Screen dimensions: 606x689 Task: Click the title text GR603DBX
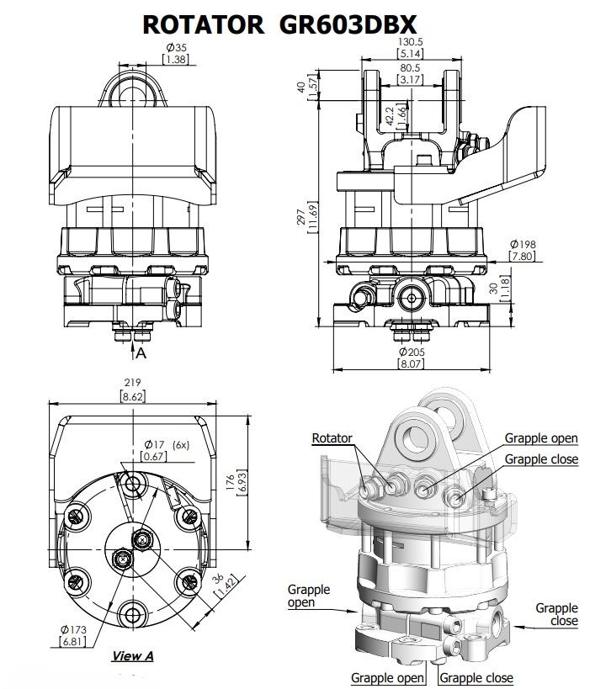pyautogui.click(x=348, y=24)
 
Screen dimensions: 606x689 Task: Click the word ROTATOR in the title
pyautogui.click(x=204, y=24)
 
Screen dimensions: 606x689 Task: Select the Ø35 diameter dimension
pyautogui.click(x=177, y=47)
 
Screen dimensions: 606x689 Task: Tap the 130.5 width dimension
pyautogui.click(x=410, y=42)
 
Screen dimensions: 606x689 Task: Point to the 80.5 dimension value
pyautogui.click(x=410, y=68)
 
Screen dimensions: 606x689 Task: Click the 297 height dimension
pyautogui.click(x=301, y=218)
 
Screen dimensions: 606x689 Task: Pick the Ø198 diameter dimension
pyautogui.click(x=523, y=244)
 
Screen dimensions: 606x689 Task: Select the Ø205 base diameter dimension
pyautogui.click(x=412, y=352)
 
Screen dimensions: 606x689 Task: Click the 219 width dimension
pyautogui.click(x=132, y=383)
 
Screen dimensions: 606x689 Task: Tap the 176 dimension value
pyautogui.click(x=231, y=483)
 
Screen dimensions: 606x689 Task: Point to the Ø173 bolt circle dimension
pyautogui.click(x=73, y=629)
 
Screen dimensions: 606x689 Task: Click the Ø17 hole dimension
pyautogui.click(x=154, y=445)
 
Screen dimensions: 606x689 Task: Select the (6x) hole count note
pyautogui.click(x=181, y=445)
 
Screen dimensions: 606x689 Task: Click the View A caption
pyautogui.click(x=132, y=656)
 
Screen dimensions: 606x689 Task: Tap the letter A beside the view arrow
pyautogui.click(x=141, y=352)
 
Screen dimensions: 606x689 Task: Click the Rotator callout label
pyautogui.click(x=332, y=438)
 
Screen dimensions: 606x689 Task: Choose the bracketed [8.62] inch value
pyautogui.click(x=133, y=397)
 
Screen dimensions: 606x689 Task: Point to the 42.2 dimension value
pyautogui.click(x=389, y=116)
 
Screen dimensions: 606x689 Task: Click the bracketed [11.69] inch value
pyautogui.click(x=312, y=217)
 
